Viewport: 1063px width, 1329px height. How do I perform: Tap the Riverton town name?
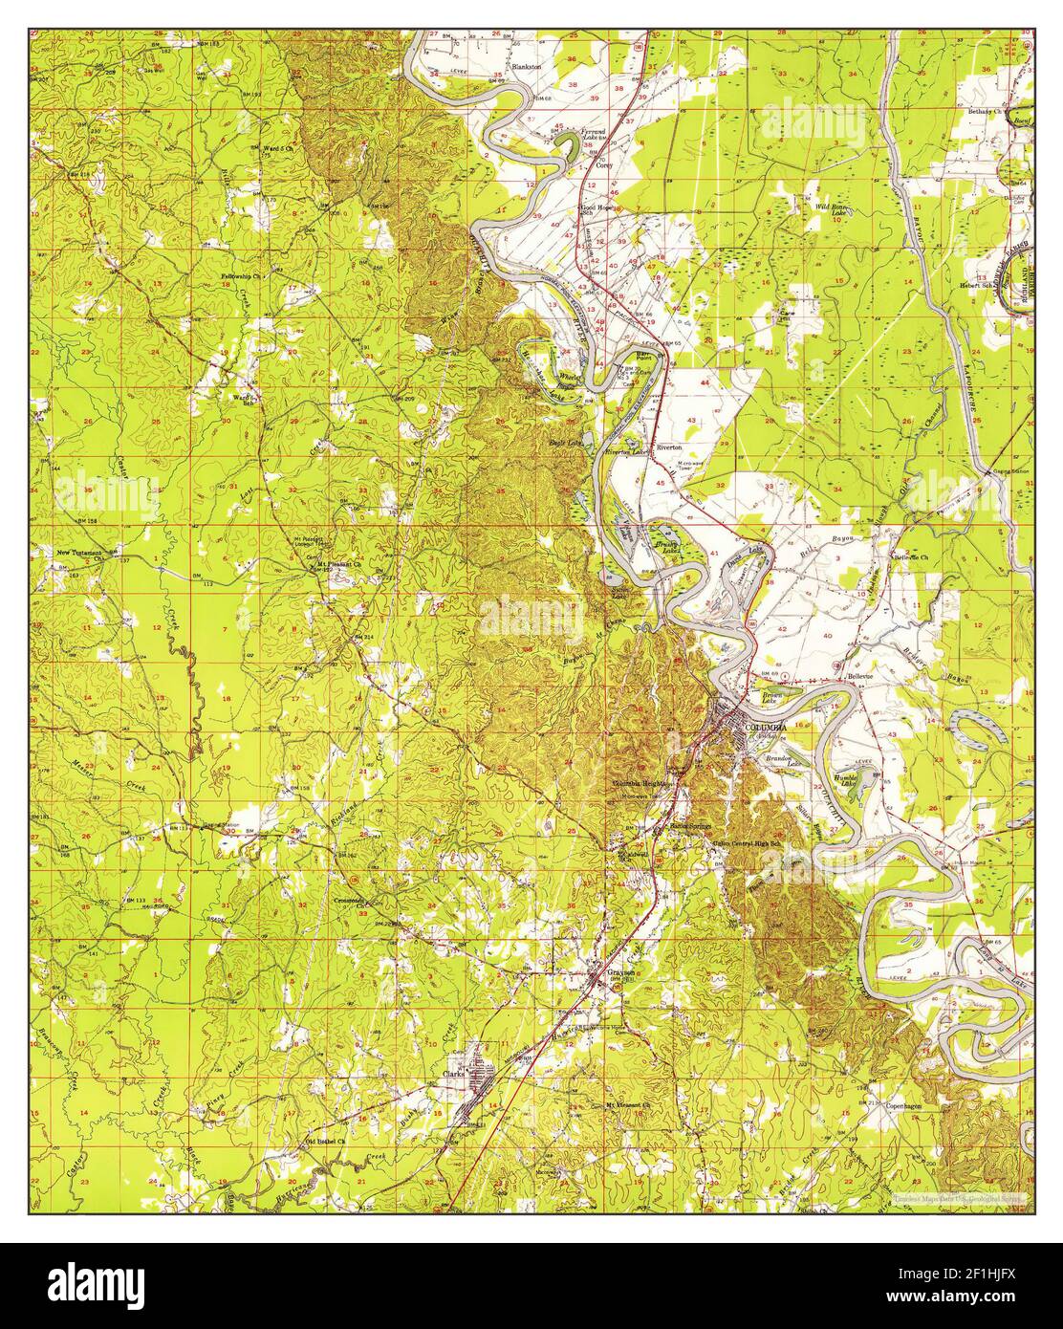(x=668, y=447)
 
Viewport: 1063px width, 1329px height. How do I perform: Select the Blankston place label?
(x=527, y=67)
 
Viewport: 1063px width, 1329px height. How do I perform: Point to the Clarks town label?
(x=452, y=1074)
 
